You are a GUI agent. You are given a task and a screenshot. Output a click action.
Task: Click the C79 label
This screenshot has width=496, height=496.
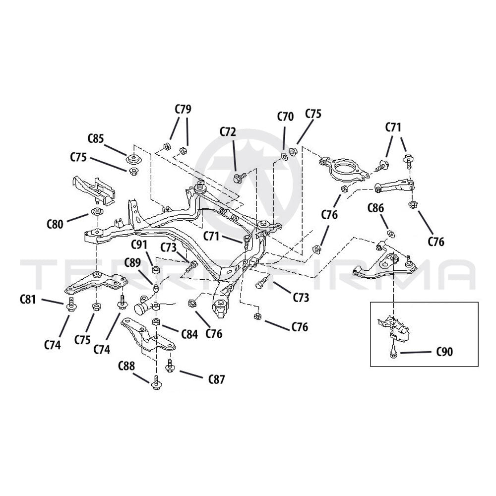coord(183,109)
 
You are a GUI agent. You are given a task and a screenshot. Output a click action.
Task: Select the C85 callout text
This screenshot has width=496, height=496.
coord(96,138)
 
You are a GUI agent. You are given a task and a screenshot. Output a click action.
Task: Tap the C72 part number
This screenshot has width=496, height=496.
coord(228,131)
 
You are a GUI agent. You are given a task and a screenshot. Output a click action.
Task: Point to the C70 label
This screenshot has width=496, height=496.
coord(285,117)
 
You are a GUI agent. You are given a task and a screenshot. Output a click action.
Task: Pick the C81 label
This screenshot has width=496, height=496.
coord(28,299)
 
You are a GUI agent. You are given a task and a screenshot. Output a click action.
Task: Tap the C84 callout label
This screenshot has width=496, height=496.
coord(189,334)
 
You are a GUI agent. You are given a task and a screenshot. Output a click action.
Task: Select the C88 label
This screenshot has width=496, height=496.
coord(126,366)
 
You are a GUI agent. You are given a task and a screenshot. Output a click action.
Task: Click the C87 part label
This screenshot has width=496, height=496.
coord(217,379)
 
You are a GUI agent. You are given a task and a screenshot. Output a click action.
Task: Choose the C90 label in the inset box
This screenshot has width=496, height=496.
coord(444,352)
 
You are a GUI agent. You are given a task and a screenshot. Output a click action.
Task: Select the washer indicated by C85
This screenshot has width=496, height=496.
coord(133,159)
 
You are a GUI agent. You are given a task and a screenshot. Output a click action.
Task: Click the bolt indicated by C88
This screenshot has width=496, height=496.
coord(155,382)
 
